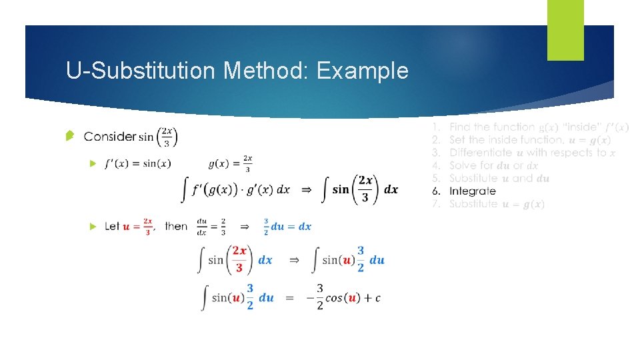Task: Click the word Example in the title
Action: click(363, 71)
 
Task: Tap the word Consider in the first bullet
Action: click(110, 137)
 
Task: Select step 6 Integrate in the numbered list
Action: click(472, 191)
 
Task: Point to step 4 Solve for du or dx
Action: click(493, 165)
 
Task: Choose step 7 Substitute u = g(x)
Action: click(497, 204)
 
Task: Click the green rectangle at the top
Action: click(565, 30)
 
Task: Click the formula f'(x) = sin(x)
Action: click(138, 164)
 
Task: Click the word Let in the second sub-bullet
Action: click(112, 227)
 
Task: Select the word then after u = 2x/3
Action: click(176, 227)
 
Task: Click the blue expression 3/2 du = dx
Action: click(287, 227)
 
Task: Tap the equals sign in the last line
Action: click(289, 298)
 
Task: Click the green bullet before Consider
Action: click(69, 137)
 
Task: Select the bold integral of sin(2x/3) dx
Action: click(360, 189)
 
